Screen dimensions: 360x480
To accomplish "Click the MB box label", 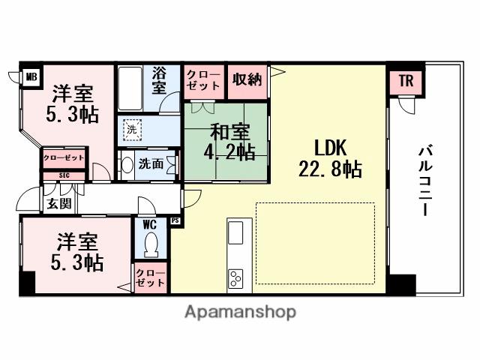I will [31, 76].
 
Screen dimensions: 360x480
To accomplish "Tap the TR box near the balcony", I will [405, 81].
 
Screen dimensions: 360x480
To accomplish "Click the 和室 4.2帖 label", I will [225, 141].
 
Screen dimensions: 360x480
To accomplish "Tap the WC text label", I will [148, 223].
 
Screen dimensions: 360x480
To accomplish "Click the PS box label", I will [175, 220].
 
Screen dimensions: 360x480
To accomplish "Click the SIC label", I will [64, 176].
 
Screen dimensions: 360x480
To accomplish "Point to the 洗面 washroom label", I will [151, 165].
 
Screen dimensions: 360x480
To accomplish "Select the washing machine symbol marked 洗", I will [131, 129].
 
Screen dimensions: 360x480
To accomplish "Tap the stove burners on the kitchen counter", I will [235, 278].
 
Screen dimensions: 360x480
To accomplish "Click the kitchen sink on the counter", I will [235, 233].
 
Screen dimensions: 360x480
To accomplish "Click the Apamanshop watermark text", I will [239, 311].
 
